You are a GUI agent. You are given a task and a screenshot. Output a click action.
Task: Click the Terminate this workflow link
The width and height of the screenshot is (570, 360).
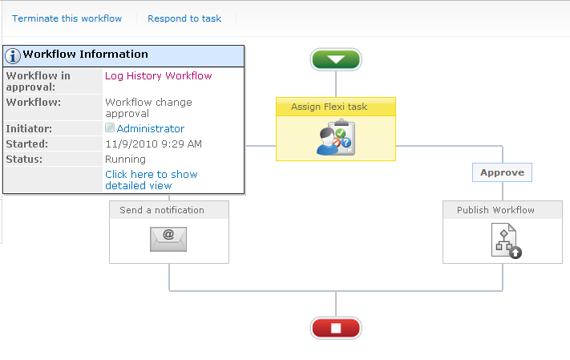67,18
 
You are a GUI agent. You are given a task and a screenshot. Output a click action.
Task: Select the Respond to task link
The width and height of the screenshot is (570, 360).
184,18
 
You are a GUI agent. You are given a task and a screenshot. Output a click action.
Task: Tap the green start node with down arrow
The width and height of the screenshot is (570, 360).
336,59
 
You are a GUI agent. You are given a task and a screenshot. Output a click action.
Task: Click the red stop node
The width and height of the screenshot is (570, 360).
336,328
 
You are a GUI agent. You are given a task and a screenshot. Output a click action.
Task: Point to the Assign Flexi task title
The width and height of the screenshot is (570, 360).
329,107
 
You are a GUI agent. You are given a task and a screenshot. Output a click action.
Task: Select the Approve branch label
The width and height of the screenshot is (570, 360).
502,172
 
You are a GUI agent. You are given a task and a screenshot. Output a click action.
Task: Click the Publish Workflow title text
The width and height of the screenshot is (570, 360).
495,210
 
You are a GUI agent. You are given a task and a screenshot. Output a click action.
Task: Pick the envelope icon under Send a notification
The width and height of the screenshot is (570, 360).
168,239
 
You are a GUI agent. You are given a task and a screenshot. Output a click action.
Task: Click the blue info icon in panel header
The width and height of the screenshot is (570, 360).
13,55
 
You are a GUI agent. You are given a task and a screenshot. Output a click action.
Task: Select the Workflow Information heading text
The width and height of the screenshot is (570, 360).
85,55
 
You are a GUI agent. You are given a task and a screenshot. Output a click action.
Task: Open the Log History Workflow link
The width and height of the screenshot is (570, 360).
158,76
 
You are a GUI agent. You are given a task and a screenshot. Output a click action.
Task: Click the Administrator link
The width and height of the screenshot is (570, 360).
151,128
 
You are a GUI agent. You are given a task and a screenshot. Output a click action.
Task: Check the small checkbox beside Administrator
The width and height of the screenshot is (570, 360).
110,128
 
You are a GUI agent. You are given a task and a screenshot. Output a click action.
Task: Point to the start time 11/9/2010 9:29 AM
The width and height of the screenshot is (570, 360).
153,144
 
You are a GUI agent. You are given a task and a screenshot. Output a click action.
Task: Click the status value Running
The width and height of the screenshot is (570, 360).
125,159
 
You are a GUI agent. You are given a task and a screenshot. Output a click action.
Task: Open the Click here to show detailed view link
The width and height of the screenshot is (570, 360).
151,180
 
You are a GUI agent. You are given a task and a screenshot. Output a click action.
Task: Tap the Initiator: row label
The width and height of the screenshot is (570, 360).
29,128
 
